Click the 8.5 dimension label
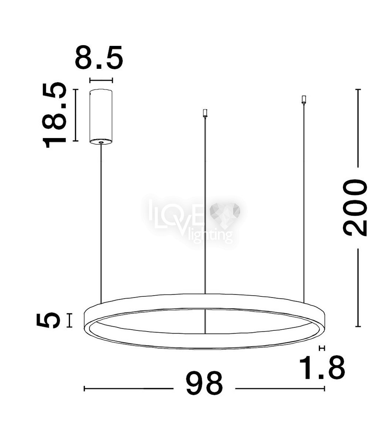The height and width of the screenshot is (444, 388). pos(99,57)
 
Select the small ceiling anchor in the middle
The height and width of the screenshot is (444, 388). pos(205,114)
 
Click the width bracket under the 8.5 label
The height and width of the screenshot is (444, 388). pos(101,80)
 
